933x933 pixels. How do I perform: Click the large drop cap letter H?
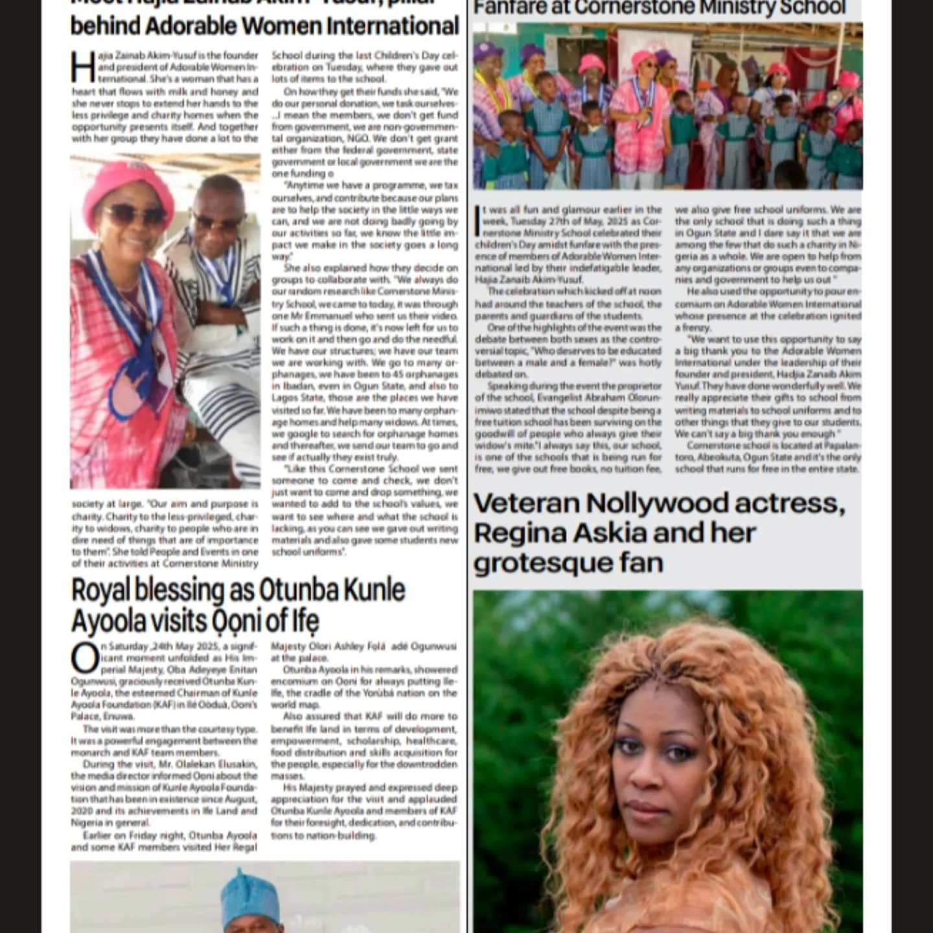point(83,67)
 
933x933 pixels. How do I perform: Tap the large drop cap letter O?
point(84,659)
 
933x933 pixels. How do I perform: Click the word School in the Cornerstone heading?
point(810,8)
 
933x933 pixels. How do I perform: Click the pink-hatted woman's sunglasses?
point(135,214)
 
